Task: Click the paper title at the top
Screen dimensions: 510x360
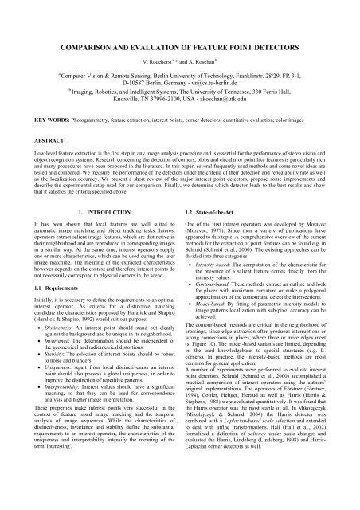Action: point(180,29)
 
